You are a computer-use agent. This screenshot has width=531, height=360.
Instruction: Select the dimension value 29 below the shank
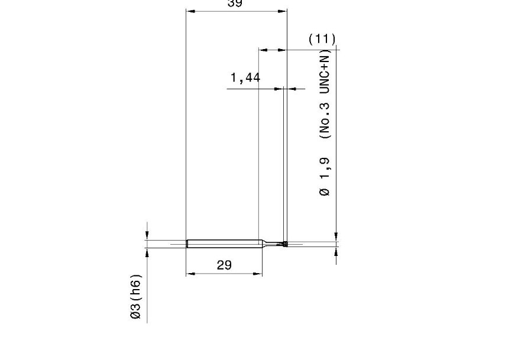pyautogui.click(x=224, y=265)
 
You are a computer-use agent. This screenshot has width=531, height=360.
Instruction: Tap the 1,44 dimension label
pyautogui.click(x=245, y=77)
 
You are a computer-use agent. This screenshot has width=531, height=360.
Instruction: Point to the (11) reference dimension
pyautogui.click(x=322, y=39)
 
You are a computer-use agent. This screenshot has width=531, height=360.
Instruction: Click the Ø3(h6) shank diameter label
pyautogui.click(x=135, y=297)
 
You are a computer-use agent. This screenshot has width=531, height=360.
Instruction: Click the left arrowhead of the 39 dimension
pyautogui.click(x=190, y=11)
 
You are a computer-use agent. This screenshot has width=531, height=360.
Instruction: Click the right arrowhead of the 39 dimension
pyautogui.click(x=283, y=11)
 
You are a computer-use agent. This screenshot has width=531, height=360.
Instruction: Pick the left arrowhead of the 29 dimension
pyautogui.click(x=190, y=274)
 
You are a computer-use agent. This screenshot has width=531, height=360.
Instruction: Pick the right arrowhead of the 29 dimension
pyautogui.click(x=258, y=274)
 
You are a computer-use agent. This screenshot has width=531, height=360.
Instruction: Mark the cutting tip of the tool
pyautogui.click(x=285, y=244)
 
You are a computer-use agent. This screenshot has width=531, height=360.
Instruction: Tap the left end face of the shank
pyautogui.click(x=187, y=244)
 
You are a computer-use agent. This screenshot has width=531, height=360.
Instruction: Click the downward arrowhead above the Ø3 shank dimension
pyautogui.click(x=147, y=235)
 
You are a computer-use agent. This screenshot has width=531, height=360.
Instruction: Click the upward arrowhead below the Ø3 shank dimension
pyautogui.click(x=147, y=252)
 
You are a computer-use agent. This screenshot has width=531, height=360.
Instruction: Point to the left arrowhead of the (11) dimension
pyautogui.click(x=263, y=50)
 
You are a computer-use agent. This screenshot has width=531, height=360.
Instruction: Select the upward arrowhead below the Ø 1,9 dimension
pyautogui.click(x=336, y=252)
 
